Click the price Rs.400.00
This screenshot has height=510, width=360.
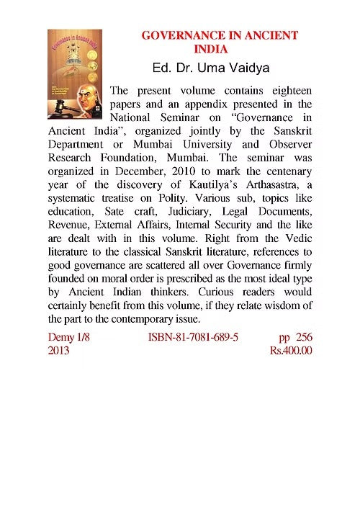(x=291, y=351)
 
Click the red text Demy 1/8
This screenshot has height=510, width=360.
(x=70, y=336)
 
